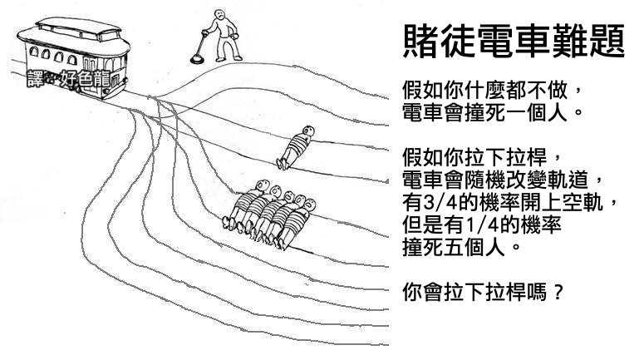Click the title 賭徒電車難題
[x=513, y=40]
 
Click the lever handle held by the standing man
[x=203, y=35]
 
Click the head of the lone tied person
[x=308, y=131]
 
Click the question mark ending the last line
[x=558, y=293]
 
